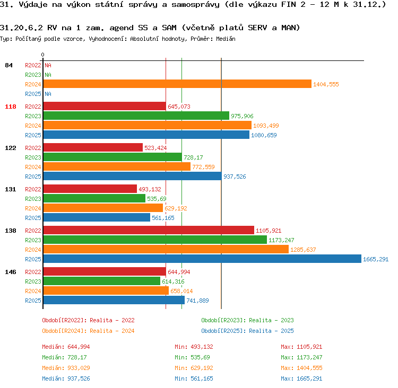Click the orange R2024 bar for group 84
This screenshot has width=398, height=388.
(x=177, y=84)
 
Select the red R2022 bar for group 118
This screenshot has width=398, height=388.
(x=105, y=106)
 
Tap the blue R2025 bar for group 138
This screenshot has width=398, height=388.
(x=202, y=259)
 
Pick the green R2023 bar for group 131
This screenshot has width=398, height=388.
(x=94, y=199)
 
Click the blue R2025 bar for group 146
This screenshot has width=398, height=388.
(x=114, y=300)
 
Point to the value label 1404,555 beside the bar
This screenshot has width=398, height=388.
(x=326, y=84)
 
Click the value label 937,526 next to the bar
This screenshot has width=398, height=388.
(x=235, y=177)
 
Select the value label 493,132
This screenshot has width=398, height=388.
(x=150, y=189)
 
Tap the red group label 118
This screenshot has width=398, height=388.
(x=11, y=107)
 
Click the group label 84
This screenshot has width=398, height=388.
(x=8, y=65)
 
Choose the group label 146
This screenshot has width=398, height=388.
(x=11, y=272)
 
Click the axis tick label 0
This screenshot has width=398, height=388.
(x=42, y=55)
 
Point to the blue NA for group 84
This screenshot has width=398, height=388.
(x=48, y=94)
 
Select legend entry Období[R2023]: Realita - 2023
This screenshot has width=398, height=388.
(x=247, y=320)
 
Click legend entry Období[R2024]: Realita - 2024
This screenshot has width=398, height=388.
(x=88, y=331)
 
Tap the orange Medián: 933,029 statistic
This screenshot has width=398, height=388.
(x=66, y=368)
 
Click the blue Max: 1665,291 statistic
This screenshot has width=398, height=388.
(x=301, y=378)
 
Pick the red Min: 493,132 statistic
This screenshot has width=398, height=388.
(x=194, y=347)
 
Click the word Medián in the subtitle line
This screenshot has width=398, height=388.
(x=226, y=39)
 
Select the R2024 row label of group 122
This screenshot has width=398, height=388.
(x=33, y=167)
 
